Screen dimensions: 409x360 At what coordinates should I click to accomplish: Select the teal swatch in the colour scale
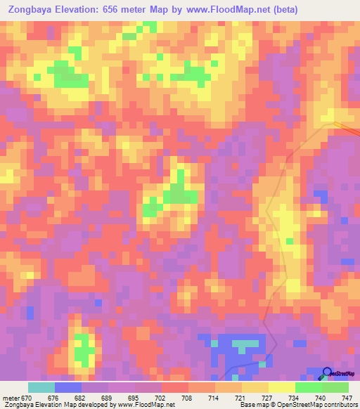click(x=41, y=387)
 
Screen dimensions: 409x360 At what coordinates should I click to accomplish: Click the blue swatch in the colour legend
click(x=68, y=387)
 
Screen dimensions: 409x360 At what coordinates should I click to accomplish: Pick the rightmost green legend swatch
click(x=335, y=387)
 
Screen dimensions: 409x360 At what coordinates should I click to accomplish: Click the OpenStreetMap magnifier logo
click(x=327, y=373)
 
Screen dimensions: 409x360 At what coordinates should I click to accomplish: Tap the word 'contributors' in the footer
click(x=337, y=405)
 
